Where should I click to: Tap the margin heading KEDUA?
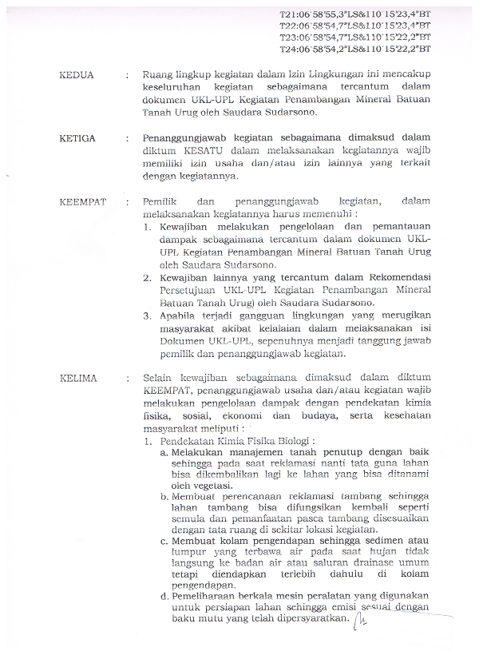(x=77, y=75)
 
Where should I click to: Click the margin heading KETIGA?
(x=78, y=138)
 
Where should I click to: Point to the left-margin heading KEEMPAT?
(x=83, y=201)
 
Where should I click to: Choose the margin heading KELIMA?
(x=77, y=375)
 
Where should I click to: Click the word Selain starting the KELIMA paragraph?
(x=158, y=375)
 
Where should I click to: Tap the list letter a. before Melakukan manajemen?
(x=163, y=452)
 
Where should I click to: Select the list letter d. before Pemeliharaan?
(x=163, y=595)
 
